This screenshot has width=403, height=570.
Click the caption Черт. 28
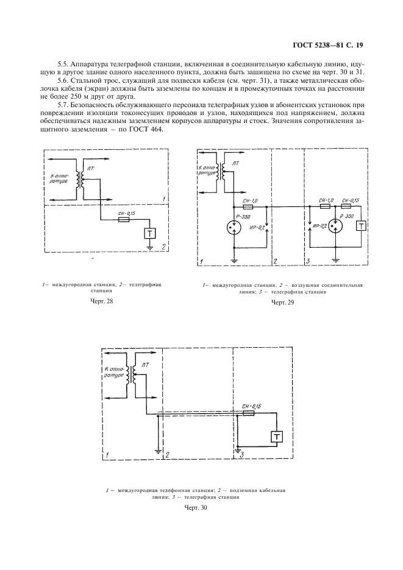tap(102, 300)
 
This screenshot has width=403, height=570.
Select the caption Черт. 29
tap(282, 302)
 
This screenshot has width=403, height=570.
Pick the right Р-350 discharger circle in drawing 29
tap(335, 225)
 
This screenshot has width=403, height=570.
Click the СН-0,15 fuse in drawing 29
tap(350, 207)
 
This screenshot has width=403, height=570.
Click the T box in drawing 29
tap(361, 226)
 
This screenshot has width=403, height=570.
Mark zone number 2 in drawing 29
tap(276, 261)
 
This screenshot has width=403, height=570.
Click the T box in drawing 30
tap(277, 437)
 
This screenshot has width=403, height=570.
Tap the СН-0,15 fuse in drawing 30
tap(248, 413)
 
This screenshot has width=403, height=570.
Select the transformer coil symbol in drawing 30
tap(132, 374)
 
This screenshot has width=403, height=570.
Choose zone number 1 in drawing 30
tap(107, 455)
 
